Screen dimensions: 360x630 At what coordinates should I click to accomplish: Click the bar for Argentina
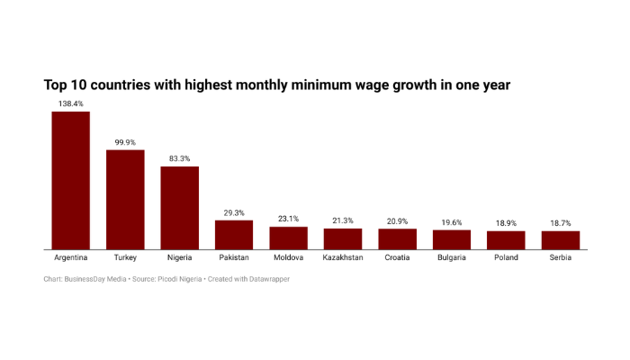click(70, 180)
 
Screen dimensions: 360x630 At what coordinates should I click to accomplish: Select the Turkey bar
click(125, 199)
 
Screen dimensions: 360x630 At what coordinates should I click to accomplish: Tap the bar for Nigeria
click(180, 208)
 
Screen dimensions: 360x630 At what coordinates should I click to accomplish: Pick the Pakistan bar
click(234, 235)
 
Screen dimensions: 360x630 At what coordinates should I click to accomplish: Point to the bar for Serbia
click(561, 240)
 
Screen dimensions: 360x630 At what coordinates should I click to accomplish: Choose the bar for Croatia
click(397, 239)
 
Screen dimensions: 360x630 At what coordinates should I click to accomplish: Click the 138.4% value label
click(70, 104)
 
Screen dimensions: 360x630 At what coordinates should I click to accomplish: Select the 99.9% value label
click(125, 142)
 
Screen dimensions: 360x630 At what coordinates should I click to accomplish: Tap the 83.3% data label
click(180, 159)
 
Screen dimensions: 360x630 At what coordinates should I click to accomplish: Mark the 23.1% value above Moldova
click(288, 219)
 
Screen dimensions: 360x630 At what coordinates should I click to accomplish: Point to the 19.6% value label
click(452, 222)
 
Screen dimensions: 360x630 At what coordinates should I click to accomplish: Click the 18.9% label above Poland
click(506, 223)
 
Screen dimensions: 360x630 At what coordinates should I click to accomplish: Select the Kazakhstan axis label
click(343, 257)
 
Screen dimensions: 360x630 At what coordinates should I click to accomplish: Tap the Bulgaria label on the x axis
click(452, 257)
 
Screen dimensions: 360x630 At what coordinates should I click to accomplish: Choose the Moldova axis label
click(288, 257)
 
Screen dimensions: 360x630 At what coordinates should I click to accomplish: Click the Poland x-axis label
click(506, 257)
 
